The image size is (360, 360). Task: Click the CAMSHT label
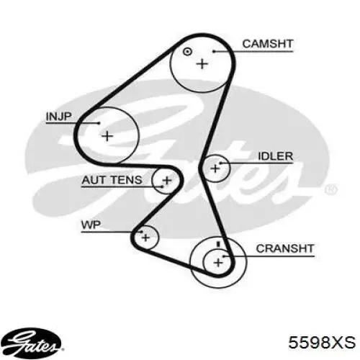click(268, 44)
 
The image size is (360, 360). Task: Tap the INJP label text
click(59, 117)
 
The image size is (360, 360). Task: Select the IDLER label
click(275, 156)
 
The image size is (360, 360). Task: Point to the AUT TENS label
click(112, 180)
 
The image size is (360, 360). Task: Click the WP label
click(91, 225)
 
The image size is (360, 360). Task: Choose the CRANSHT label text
click(285, 248)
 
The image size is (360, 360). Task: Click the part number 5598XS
click(322, 342)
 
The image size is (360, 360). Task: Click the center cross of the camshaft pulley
click(202, 64)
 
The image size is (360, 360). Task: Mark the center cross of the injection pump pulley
click(107, 136)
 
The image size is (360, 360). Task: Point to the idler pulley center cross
click(215, 168)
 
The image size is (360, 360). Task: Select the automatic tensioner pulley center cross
click(167, 181)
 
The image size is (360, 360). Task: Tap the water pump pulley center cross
click(145, 238)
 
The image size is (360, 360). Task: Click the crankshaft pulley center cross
click(218, 263)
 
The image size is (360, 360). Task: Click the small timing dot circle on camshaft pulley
click(187, 52)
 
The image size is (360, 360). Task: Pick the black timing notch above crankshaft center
click(218, 244)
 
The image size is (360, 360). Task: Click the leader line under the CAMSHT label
click(253, 51)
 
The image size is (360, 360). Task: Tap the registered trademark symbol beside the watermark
click(331, 189)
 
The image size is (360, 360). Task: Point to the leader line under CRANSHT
click(269, 256)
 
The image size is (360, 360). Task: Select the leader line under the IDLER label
click(256, 163)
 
